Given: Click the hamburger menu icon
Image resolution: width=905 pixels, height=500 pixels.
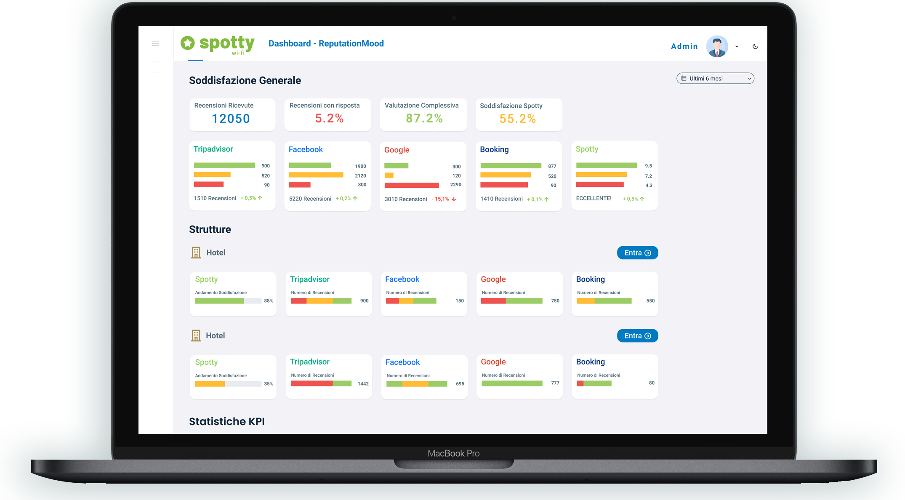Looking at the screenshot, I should coord(155,43).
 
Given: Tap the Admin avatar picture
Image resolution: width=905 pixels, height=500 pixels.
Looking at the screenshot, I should coord(717,46).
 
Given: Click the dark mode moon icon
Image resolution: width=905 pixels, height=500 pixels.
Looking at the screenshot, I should coord(755,47).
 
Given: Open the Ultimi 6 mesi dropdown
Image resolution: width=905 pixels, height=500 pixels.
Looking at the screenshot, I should coord(715,79).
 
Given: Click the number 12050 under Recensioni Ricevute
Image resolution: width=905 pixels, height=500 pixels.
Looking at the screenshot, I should coord(231,119).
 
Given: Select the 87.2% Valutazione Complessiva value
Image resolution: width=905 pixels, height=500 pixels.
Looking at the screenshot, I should coord(424,118).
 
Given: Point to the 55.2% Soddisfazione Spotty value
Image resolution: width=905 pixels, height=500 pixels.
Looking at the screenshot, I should coord(517,119).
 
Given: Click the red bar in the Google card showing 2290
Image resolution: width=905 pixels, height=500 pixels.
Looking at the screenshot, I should coord(412,185).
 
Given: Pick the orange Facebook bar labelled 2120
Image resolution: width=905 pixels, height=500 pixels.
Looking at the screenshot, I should coord(316,175).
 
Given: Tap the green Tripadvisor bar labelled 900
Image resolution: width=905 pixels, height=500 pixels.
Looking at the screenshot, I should coord(224,165).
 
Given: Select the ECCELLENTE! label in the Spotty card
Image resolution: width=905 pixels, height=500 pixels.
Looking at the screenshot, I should coord(594,198).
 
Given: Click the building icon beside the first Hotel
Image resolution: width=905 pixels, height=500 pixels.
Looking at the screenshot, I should coord(196,253).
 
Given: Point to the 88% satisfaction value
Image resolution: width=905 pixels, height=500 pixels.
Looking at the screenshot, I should coord(269,301).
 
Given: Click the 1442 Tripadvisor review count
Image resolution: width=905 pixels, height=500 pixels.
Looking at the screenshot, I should coord(363,384).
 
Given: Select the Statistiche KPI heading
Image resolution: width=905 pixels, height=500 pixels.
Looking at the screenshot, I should coord(226,421).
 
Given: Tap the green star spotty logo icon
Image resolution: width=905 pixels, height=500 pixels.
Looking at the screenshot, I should coord(188,43).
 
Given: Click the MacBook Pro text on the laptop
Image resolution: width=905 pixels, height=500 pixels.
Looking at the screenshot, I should coord(453,453).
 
